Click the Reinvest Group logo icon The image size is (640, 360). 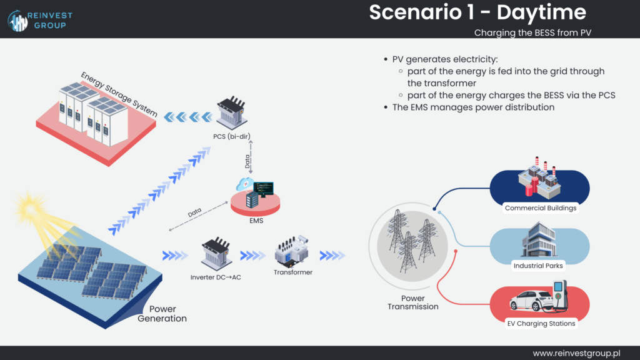(x=18, y=20)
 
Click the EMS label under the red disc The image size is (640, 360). (x=254, y=220)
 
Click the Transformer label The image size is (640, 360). (x=293, y=272)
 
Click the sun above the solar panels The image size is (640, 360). (x=26, y=206)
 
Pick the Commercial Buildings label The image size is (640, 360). (x=541, y=208)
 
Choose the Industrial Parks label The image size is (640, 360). (x=537, y=266)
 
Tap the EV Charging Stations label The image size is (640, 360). (x=541, y=323)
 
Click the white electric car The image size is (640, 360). (x=531, y=301)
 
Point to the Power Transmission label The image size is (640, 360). (x=412, y=302)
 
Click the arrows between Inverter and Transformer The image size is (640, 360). (x=253, y=255)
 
